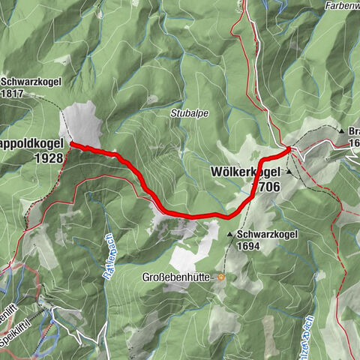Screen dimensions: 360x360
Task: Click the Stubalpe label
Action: point(190,114)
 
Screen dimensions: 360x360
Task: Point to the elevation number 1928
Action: point(48,158)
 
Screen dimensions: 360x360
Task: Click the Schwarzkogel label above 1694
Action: point(268,234)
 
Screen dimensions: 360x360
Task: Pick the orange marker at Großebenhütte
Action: point(222,276)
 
